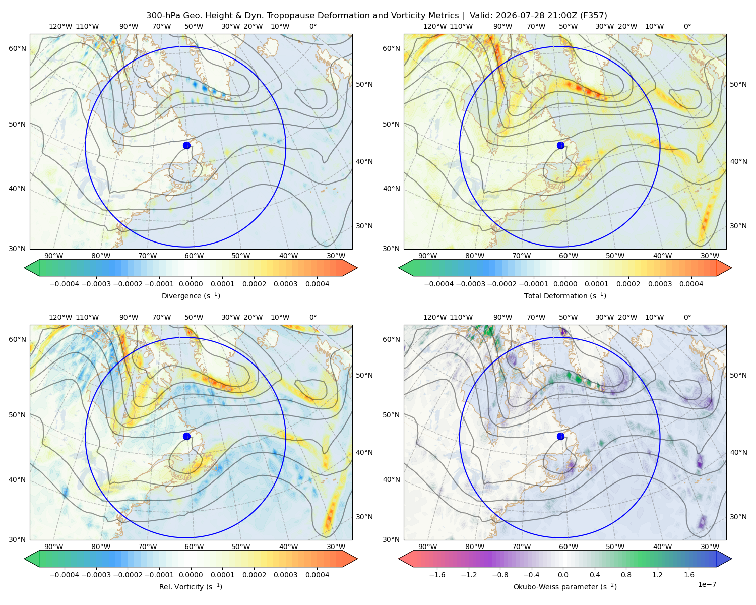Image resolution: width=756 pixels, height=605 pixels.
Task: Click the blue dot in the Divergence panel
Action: pyautogui.click(x=186, y=145)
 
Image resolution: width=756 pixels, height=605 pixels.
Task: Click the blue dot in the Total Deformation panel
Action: pyautogui.click(x=560, y=145)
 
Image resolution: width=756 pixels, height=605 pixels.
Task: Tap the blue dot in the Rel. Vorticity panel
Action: pyautogui.click(x=186, y=436)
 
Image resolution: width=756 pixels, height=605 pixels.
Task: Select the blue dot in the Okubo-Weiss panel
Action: pyautogui.click(x=560, y=436)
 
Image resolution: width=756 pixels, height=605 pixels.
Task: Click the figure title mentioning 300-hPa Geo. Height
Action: pyautogui.click(x=376, y=16)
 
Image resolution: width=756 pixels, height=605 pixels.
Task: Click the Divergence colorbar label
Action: pyautogui.click(x=191, y=296)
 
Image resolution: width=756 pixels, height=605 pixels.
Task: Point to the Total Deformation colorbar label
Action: pyautogui.click(x=565, y=296)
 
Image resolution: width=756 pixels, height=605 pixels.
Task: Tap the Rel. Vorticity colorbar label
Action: pyautogui.click(x=191, y=587)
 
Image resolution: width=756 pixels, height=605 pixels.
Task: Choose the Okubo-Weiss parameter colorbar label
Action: pyautogui.click(x=565, y=587)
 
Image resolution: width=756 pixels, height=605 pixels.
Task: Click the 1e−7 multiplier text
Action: pyautogui.click(x=707, y=584)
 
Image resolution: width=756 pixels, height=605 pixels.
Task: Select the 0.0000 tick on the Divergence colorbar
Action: pyautogui.click(x=191, y=284)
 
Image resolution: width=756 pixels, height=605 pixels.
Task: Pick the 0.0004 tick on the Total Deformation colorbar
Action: pyautogui.click(x=691, y=284)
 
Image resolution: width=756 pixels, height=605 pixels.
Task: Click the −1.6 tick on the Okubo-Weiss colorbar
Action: pyautogui.click(x=437, y=575)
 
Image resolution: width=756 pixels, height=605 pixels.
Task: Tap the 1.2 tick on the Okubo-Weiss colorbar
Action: pyautogui.click(x=657, y=575)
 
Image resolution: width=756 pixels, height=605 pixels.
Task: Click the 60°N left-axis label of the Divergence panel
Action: pyautogui.click(x=17, y=48)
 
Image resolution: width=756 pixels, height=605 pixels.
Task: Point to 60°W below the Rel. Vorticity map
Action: pyautogui.click(x=194, y=547)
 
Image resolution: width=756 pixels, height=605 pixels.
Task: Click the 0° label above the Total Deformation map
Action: pyautogui.click(x=687, y=26)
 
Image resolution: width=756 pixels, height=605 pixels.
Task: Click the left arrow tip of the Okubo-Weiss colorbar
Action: pyautogui.click(x=399, y=558)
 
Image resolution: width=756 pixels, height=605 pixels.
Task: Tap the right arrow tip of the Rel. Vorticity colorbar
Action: pyautogui.click(x=357, y=558)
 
